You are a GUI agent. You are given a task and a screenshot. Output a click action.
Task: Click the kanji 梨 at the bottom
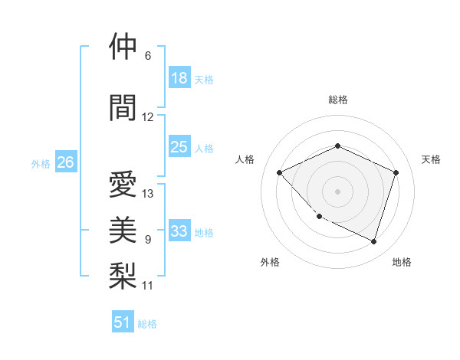tap(123, 275)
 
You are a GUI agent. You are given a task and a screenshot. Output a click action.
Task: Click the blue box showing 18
tap(179, 78)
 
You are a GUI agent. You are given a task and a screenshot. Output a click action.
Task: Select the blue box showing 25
tap(179, 147)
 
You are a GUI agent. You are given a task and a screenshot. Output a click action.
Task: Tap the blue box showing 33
tap(179, 231)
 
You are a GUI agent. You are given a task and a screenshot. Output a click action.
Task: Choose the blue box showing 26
tap(65, 162)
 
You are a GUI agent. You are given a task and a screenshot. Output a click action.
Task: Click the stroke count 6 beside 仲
tap(147, 56)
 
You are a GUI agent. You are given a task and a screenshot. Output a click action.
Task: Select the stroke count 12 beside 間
tap(148, 117)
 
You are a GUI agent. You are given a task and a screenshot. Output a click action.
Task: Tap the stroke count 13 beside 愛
tap(148, 194)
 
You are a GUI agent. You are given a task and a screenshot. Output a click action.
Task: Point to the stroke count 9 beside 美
tap(147, 240)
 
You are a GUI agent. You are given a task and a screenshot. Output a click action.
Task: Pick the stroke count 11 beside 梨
tap(148, 286)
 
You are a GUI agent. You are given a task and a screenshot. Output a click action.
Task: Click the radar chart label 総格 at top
tap(337, 100)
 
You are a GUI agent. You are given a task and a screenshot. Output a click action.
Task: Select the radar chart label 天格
tap(431, 159)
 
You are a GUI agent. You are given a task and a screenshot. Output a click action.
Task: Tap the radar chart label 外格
tap(270, 262)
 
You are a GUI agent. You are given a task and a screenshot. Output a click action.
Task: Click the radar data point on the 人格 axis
tap(280, 172)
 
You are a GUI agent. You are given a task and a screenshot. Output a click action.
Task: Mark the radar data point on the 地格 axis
tap(373, 241)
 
